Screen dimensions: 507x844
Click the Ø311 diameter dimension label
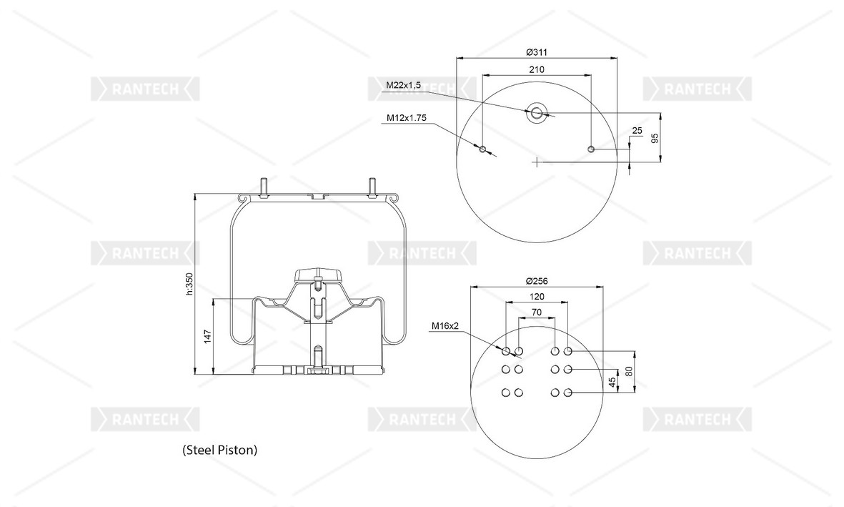point(536,52)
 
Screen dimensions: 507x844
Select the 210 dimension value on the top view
point(537,69)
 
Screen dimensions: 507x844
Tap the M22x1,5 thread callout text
point(404,85)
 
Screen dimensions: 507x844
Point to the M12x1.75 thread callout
point(407,117)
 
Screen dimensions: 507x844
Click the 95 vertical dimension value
point(655,138)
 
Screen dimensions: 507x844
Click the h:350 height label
point(189,283)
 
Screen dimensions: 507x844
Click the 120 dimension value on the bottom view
point(537,296)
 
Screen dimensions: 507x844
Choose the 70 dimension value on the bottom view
point(537,312)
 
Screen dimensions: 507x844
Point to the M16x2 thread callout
point(445,326)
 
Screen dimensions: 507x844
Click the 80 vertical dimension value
point(629,372)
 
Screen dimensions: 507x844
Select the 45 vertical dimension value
point(612,382)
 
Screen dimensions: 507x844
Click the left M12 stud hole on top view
point(482,149)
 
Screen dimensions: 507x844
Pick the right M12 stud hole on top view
point(590,149)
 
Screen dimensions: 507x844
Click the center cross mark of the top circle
point(536,162)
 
